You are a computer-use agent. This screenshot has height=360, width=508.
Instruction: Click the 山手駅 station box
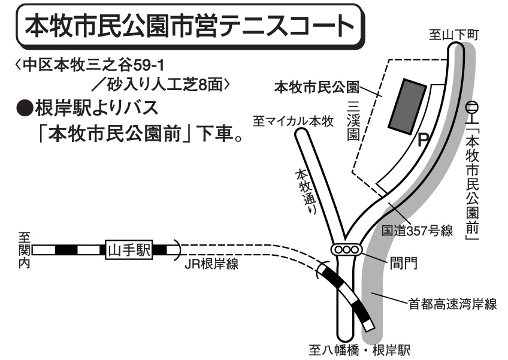coord(129,250)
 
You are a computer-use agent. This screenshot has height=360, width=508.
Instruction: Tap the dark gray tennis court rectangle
coord(407,106)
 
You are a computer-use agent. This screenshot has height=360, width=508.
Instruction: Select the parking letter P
coord(423,140)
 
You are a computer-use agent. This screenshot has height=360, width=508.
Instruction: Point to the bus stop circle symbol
coord(473,107)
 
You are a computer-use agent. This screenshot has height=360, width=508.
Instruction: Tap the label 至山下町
coord(453,35)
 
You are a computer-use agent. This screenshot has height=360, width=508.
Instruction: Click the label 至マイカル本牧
coord(293,122)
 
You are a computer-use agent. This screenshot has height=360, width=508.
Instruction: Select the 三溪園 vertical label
coord(353,121)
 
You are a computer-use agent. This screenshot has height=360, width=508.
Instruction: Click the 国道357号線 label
coord(417,231)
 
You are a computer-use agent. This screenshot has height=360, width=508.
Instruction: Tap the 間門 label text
coord(403,263)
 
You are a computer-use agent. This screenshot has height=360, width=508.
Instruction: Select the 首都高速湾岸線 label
coord(452,304)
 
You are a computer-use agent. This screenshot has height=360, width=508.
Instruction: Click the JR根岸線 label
coord(211,264)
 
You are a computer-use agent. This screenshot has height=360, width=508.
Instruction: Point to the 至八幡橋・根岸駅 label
coord(359,350)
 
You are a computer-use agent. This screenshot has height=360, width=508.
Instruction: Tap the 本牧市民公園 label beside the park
coord(317,87)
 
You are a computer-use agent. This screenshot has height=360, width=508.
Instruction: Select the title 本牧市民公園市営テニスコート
coord(189,26)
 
